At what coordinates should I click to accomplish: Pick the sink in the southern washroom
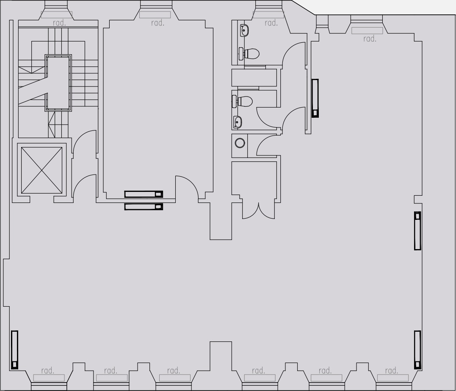(238, 122)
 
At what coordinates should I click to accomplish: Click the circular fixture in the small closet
(240, 143)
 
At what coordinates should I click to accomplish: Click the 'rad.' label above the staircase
(59, 23)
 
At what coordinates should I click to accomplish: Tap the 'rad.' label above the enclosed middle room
(158, 23)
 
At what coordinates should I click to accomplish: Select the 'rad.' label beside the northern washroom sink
(271, 23)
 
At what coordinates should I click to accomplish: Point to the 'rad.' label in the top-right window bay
(370, 39)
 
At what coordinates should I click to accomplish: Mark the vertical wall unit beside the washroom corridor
(315, 98)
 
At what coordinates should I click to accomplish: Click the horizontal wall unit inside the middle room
(144, 194)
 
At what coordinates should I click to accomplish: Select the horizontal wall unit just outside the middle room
(144, 207)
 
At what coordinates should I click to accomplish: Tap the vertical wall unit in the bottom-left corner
(15, 349)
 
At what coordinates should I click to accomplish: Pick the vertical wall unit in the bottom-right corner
(417, 349)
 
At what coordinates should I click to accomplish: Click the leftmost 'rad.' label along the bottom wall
(47, 371)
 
